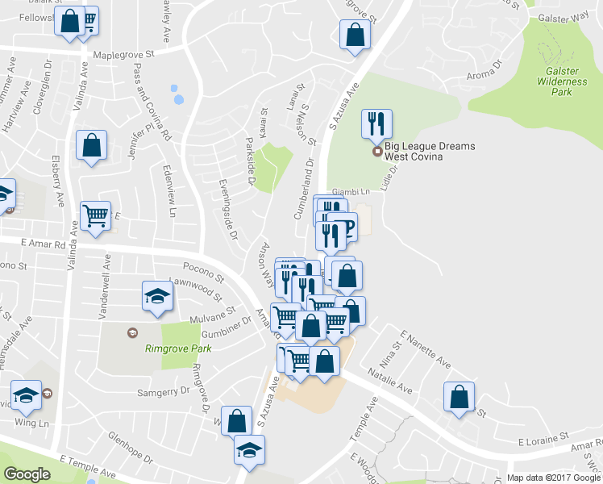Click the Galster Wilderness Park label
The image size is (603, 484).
tap(555, 81)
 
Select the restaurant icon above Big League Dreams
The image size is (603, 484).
tap(376, 124)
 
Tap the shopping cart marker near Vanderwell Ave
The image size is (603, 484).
tap(96, 216)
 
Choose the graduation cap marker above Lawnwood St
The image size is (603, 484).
tap(157, 295)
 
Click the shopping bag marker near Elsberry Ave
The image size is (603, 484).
tap(91, 146)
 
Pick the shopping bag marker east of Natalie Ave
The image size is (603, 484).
tap(459, 397)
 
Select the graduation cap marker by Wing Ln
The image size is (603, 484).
tap(28, 395)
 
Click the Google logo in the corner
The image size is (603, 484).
tap(27, 474)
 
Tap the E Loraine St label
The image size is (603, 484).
tap(543, 442)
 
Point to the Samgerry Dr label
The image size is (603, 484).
tap(166, 389)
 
